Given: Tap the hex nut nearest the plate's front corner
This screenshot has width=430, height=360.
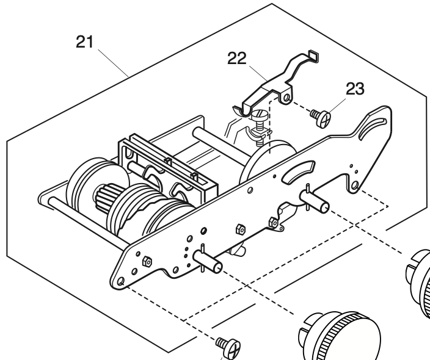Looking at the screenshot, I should pyautogui.click(x=147, y=261).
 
